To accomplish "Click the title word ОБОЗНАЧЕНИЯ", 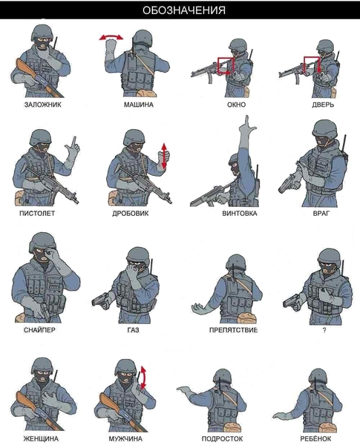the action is (x=184, y=10).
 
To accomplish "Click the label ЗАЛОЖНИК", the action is (x=42, y=105).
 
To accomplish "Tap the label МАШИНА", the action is (x=139, y=105).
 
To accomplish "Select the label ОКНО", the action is (x=236, y=105).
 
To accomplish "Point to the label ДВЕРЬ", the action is (x=324, y=105).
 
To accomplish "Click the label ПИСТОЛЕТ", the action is (x=37, y=213).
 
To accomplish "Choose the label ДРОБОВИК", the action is (x=131, y=213).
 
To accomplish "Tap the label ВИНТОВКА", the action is (x=240, y=213).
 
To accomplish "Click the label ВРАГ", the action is (x=321, y=213).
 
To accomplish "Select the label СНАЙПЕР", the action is (x=39, y=330).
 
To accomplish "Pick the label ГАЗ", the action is (x=134, y=330).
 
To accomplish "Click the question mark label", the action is (x=324, y=330).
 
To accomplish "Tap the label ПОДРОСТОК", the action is (x=223, y=439).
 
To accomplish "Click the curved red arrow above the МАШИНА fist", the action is (x=111, y=36).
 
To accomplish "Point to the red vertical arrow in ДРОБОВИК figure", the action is (x=164, y=156).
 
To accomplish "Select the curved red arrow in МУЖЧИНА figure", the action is (x=143, y=378).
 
